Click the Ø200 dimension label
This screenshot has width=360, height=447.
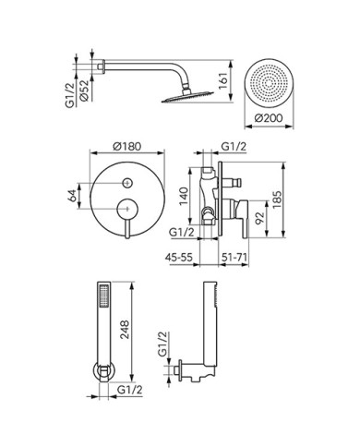click(269, 118)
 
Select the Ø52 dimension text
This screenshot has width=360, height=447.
click(84, 91)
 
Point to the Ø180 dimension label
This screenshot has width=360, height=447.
click(127, 146)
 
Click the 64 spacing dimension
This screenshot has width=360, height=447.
click(72, 196)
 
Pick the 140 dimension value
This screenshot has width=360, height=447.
click(184, 196)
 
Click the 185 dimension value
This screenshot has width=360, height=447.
click(276, 199)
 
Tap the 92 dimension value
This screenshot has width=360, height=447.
click(260, 218)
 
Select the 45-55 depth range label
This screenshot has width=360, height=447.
click(179, 257)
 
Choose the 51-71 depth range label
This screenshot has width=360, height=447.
click(234, 257)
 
